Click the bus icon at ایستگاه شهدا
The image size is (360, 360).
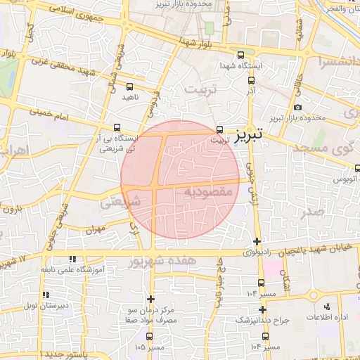click(241, 55)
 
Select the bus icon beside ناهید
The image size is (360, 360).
click(129, 86)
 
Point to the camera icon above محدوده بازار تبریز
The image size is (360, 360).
click(298, 107)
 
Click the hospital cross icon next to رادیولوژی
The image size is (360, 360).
click(256, 242)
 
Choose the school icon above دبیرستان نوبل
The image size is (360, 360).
click(46, 295)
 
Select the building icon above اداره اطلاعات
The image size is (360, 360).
click(327, 307)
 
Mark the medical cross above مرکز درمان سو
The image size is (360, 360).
click(150, 299)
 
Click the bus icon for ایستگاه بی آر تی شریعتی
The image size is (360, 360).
click(117, 127)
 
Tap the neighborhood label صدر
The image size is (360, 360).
click(316, 210)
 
